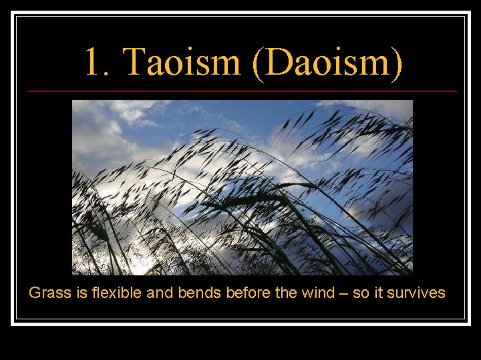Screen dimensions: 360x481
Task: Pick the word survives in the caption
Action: [417, 293]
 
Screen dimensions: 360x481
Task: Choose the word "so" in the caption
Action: [361, 293]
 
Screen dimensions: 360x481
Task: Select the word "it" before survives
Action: [379, 293]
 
